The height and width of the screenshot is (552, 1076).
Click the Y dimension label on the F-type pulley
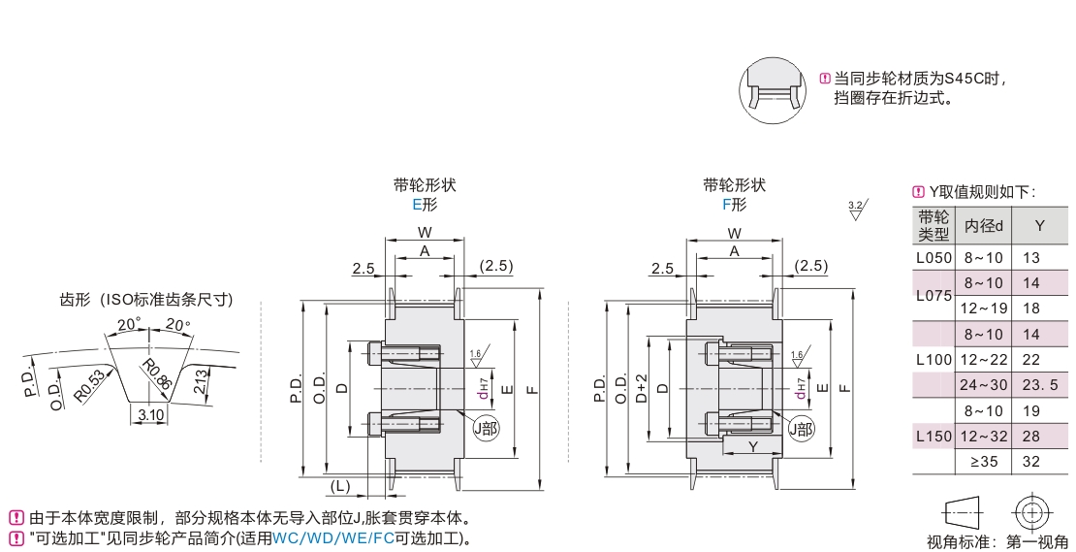[752, 446]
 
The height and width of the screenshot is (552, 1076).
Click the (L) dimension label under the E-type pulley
[339, 485]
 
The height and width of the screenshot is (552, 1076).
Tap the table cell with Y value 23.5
[1039, 386]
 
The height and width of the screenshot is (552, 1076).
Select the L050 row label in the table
[934, 258]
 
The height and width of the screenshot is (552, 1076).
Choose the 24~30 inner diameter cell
[984, 386]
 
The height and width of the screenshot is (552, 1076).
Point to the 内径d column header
[984, 225]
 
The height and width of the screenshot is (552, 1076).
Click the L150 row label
[934, 437]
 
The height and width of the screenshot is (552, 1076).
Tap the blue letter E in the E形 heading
[418, 205]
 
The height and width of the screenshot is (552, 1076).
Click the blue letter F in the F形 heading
[727, 205]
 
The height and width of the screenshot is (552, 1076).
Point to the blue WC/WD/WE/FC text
[333, 537]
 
